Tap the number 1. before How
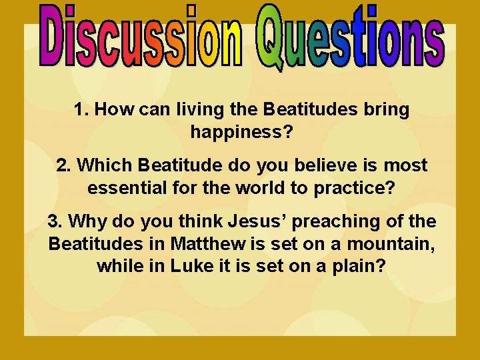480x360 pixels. coord(82,110)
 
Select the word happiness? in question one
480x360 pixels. coord(241,133)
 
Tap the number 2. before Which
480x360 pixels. coord(63,165)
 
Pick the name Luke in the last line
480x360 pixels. coord(191,266)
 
